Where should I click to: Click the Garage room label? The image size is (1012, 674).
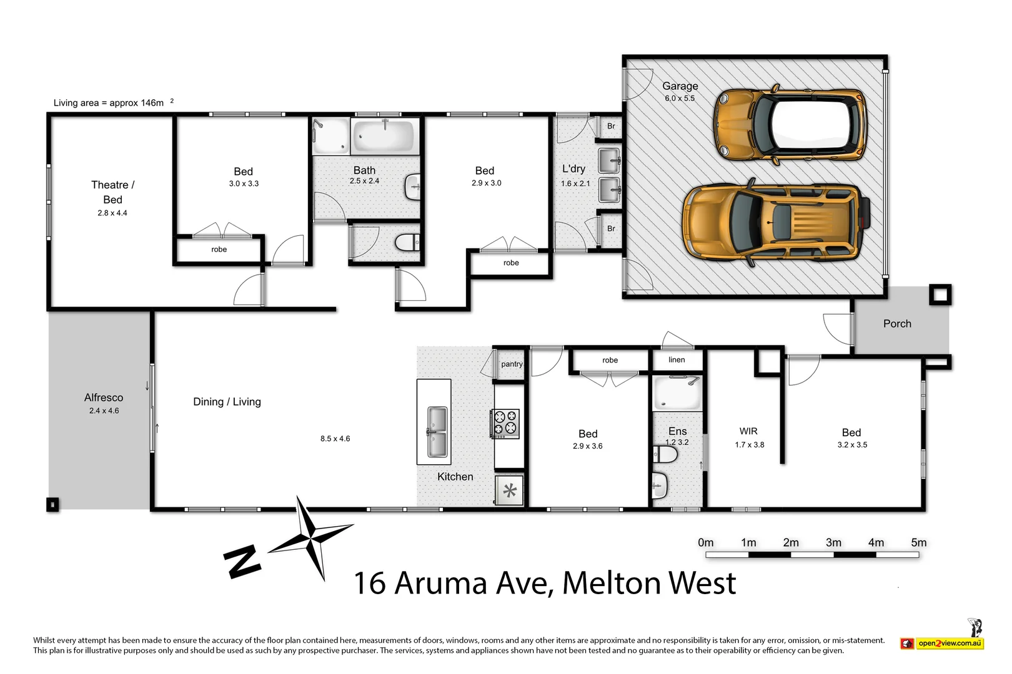point(680,86)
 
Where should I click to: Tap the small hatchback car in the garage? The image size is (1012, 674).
point(790,124)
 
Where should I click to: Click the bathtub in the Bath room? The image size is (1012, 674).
point(384,135)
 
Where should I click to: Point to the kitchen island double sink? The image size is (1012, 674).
point(437,431)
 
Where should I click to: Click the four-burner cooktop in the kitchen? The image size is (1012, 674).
point(505,423)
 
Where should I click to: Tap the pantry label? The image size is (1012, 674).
point(512,364)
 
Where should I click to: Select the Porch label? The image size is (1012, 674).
point(897,323)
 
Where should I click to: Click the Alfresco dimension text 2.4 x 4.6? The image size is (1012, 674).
point(104,411)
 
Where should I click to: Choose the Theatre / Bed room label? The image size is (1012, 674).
point(112,192)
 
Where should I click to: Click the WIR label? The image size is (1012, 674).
point(748,431)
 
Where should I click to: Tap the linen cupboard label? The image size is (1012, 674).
point(677,359)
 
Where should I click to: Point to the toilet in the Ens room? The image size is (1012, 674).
point(665,455)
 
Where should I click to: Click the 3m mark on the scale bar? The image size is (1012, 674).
point(833,543)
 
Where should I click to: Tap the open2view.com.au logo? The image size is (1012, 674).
point(943,643)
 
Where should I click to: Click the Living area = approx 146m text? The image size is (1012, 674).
point(109,103)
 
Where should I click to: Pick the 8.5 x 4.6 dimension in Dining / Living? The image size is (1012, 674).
point(335,439)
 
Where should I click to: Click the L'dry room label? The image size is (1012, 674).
point(573,168)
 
